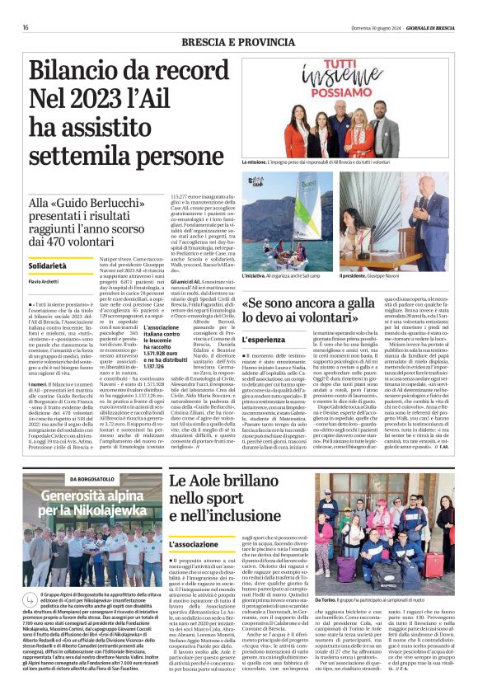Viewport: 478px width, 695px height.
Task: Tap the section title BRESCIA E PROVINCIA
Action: (x=238, y=41)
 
